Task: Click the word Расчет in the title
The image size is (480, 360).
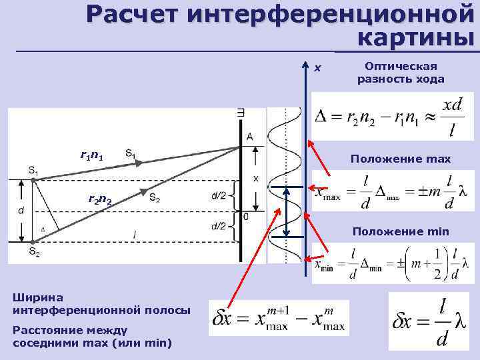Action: pos(132,13)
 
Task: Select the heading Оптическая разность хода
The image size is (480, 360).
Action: pos(401,72)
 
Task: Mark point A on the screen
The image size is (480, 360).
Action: pos(249,137)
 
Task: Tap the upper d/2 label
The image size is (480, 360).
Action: pos(218,195)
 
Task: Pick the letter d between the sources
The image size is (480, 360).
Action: pos(21,209)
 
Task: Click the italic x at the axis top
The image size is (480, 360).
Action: pos(318,67)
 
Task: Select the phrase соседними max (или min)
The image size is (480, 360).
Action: pos(93,343)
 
